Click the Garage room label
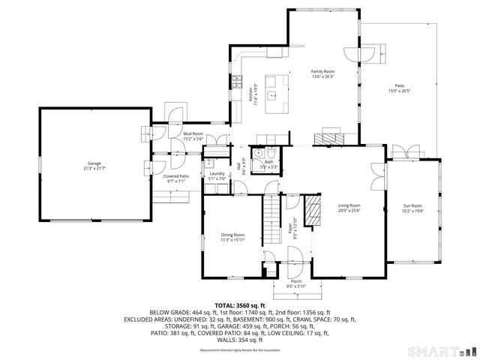click(x=94, y=163)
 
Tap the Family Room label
click(x=322, y=71)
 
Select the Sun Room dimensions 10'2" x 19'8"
click(x=413, y=211)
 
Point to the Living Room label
click(x=349, y=205)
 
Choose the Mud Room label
click(x=193, y=133)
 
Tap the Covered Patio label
click(x=176, y=175)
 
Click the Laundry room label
click(x=217, y=174)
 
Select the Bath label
click(x=268, y=161)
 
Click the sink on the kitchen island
click(x=275, y=95)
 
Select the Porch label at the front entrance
click(x=296, y=281)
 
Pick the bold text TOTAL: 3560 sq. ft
click(x=240, y=305)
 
